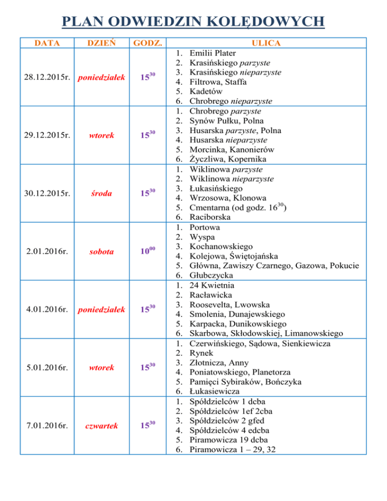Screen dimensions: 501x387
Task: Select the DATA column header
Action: (x=46, y=43)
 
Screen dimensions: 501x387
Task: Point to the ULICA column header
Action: (x=268, y=43)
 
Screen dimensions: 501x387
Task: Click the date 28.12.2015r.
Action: (x=47, y=77)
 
